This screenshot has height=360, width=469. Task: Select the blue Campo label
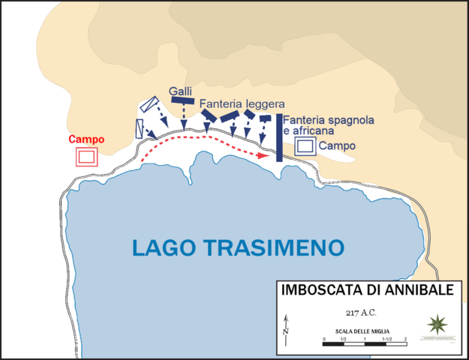(337, 145)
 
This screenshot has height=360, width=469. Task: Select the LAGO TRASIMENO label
(238, 247)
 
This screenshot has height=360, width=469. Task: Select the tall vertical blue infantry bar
(279, 138)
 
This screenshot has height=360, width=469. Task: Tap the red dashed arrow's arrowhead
(264, 156)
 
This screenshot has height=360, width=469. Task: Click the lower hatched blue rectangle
(140, 127)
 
